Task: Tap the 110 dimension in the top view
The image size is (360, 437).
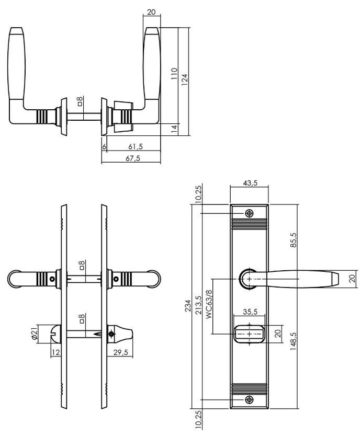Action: tap(174, 74)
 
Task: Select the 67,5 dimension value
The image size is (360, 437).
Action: tap(133, 158)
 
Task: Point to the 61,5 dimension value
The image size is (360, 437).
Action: tap(136, 146)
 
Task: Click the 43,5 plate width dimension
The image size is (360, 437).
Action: tap(250, 183)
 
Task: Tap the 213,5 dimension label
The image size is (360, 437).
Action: tap(198, 305)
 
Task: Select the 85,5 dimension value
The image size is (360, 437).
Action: tap(294, 240)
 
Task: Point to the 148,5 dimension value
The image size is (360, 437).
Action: tap(294, 341)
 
